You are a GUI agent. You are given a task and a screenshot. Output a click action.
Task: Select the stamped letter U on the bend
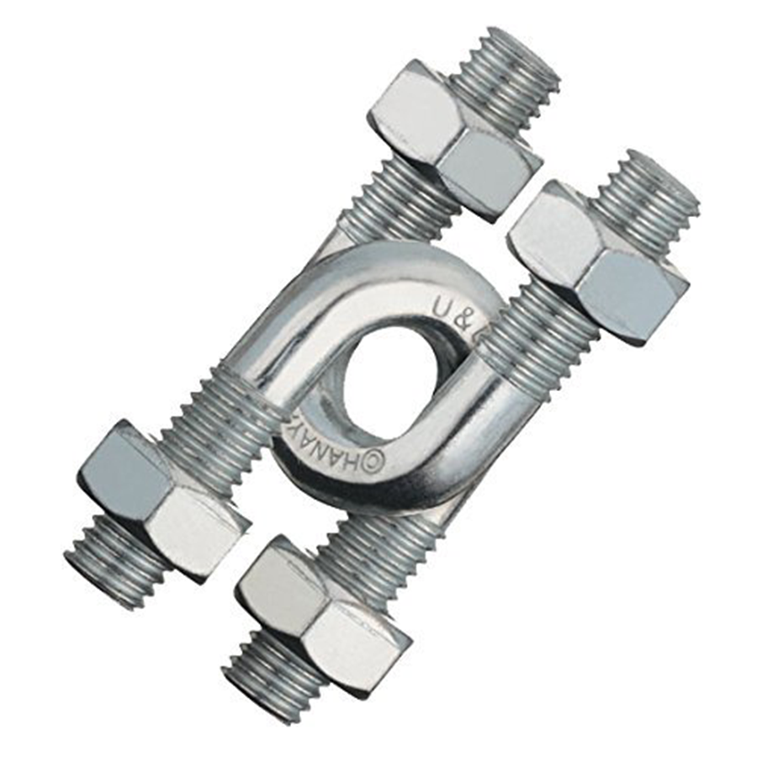[x=443, y=307]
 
